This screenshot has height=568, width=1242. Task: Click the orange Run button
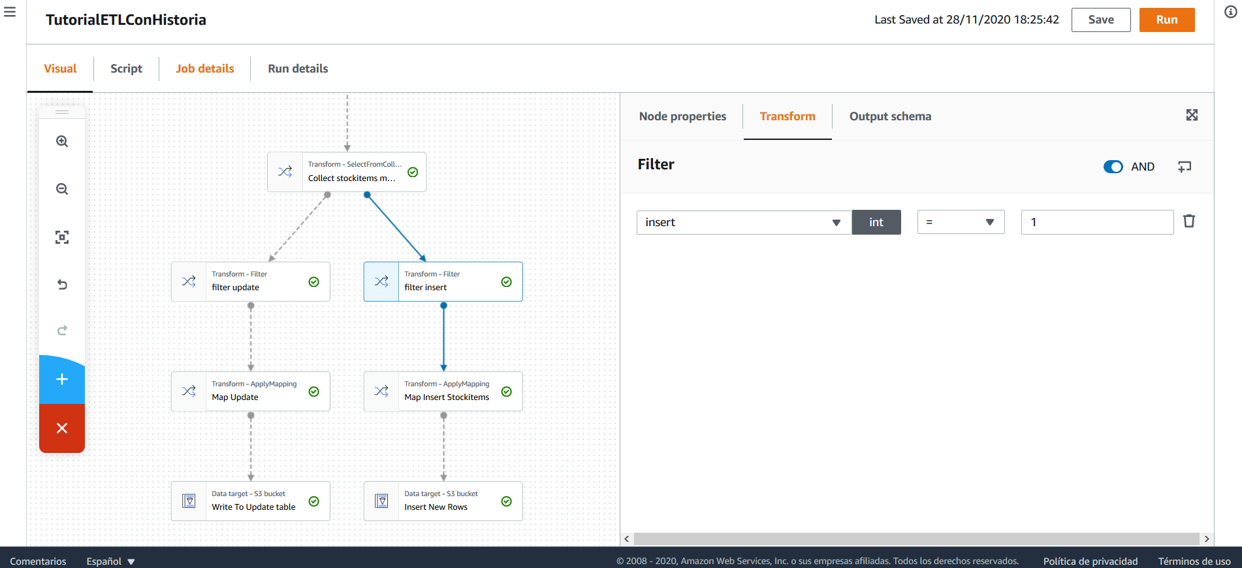click(1167, 20)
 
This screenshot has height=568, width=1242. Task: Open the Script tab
click(126, 69)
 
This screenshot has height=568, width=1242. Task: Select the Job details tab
click(204, 69)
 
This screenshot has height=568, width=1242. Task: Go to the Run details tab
click(298, 69)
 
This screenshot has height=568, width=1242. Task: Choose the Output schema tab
click(890, 116)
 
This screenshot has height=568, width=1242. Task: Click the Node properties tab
click(682, 116)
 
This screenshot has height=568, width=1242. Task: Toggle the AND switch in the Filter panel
click(1113, 167)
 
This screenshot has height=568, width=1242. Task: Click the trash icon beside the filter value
click(1189, 221)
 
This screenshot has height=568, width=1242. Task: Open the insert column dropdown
click(744, 222)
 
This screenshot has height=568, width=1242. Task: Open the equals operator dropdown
click(961, 222)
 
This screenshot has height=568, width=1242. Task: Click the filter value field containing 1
click(1097, 222)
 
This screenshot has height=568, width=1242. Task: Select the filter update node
click(251, 282)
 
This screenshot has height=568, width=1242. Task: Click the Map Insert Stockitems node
click(443, 392)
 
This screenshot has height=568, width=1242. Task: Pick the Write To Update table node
click(251, 501)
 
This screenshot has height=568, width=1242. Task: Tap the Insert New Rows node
click(443, 501)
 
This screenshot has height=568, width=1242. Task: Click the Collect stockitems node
click(347, 172)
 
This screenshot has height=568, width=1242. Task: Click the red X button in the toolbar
click(62, 428)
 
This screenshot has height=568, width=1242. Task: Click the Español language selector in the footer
click(110, 561)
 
